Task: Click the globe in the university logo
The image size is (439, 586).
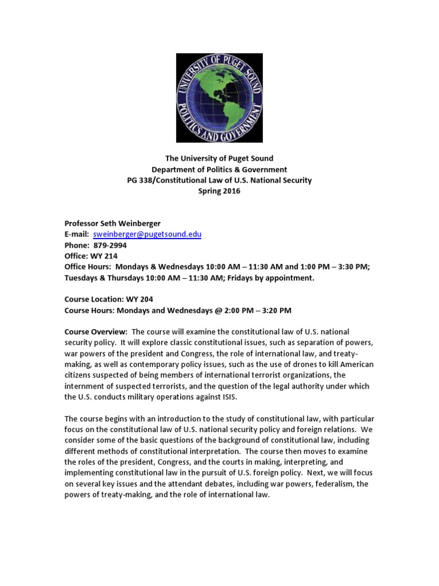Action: tap(219, 97)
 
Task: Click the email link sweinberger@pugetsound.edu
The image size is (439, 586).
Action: tap(147, 234)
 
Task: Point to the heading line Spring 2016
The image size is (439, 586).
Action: tap(219, 191)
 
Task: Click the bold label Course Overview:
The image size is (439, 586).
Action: tap(95, 332)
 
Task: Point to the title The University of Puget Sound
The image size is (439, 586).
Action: tap(219, 159)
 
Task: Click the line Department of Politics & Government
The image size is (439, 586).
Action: tap(219, 169)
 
